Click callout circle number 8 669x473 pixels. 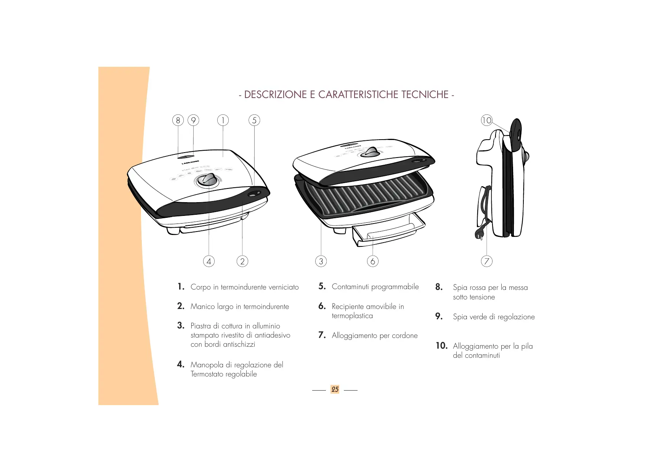pyautogui.click(x=178, y=121)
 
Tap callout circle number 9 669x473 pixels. pyautogui.click(x=193, y=121)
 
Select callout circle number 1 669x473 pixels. pyautogui.click(x=223, y=121)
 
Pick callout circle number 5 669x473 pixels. pyautogui.click(x=254, y=121)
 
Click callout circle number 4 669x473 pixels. pyautogui.click(x=209, y=261)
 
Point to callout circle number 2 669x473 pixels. pyautogui.click(x=242, y=261)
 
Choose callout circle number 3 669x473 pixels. pyautogui.click(x=321, y=261)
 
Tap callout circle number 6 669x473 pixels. pyautogui.click(x=373, y=261)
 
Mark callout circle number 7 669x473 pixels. pyautogui.click(x=486, y=261)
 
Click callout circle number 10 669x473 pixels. pyautogui.click(x=487, y=121)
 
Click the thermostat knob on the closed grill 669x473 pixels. pyautogui.click(x=208, y=180)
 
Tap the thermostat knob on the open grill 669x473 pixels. pyautogui.click(x=370, y=152)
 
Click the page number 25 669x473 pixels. pyautogui.click(x=335, y=389)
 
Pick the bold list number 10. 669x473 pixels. pyautogui.click(x=441, y=346)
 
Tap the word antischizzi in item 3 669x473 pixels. pyautogui.click(x=239, y=344)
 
